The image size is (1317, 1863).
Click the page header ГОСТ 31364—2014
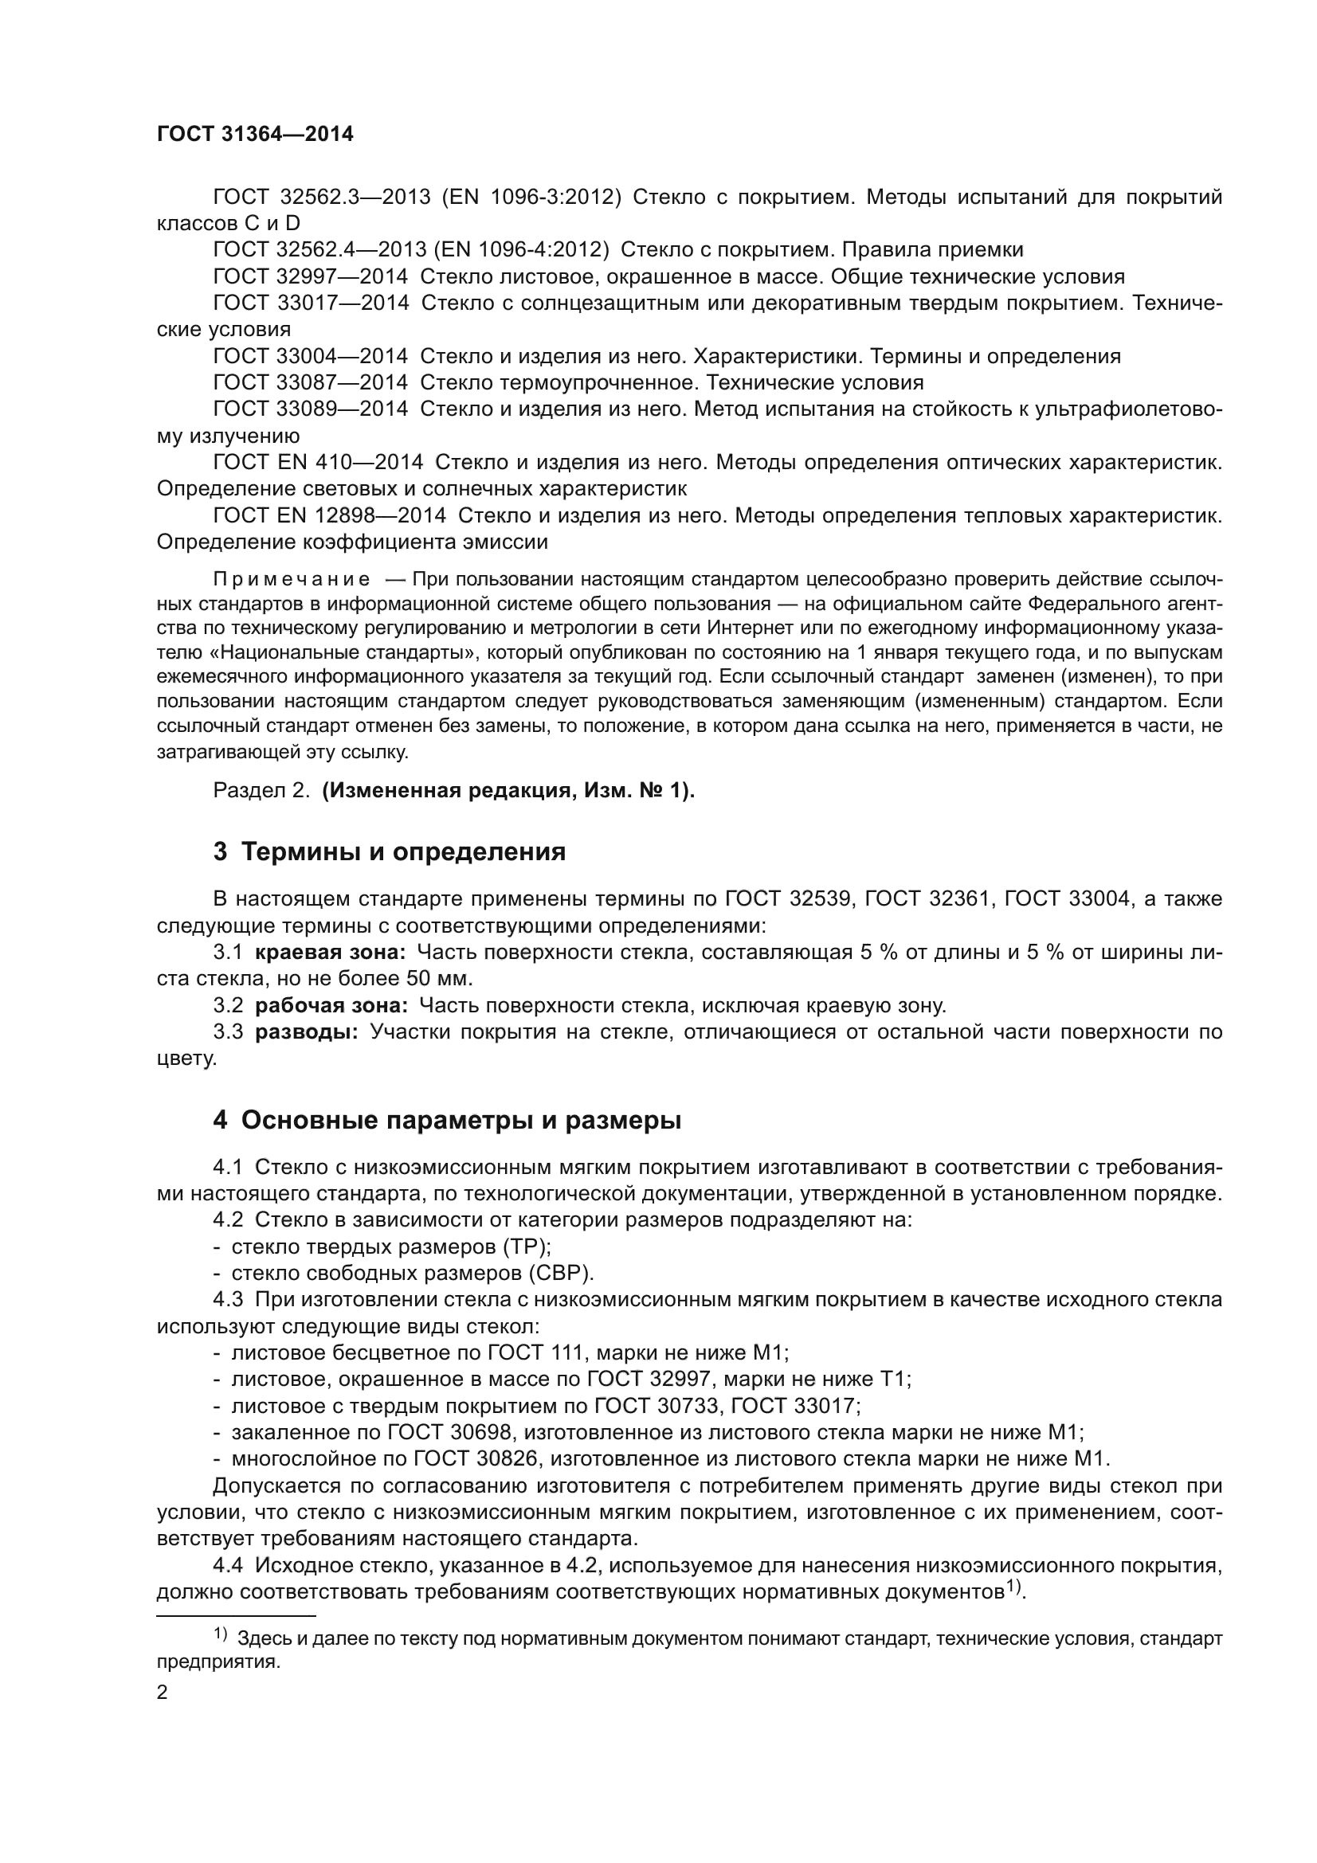pyautogui.click(x=255, y=135)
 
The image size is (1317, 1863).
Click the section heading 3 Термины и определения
pyautogui.click(x=390, y=852)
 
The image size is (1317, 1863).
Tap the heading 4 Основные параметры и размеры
pyautogui.click(x=447, y=1121)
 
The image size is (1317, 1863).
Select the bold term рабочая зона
pyautogui.click(x=332, y=1006)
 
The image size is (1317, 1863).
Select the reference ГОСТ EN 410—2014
pyautogui.click(x=318, y=463)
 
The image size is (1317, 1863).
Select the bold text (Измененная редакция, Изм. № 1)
pyautogui.click(x=508, y=790)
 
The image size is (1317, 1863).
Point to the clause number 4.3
pyautogui.click(x=228, y=1299)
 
